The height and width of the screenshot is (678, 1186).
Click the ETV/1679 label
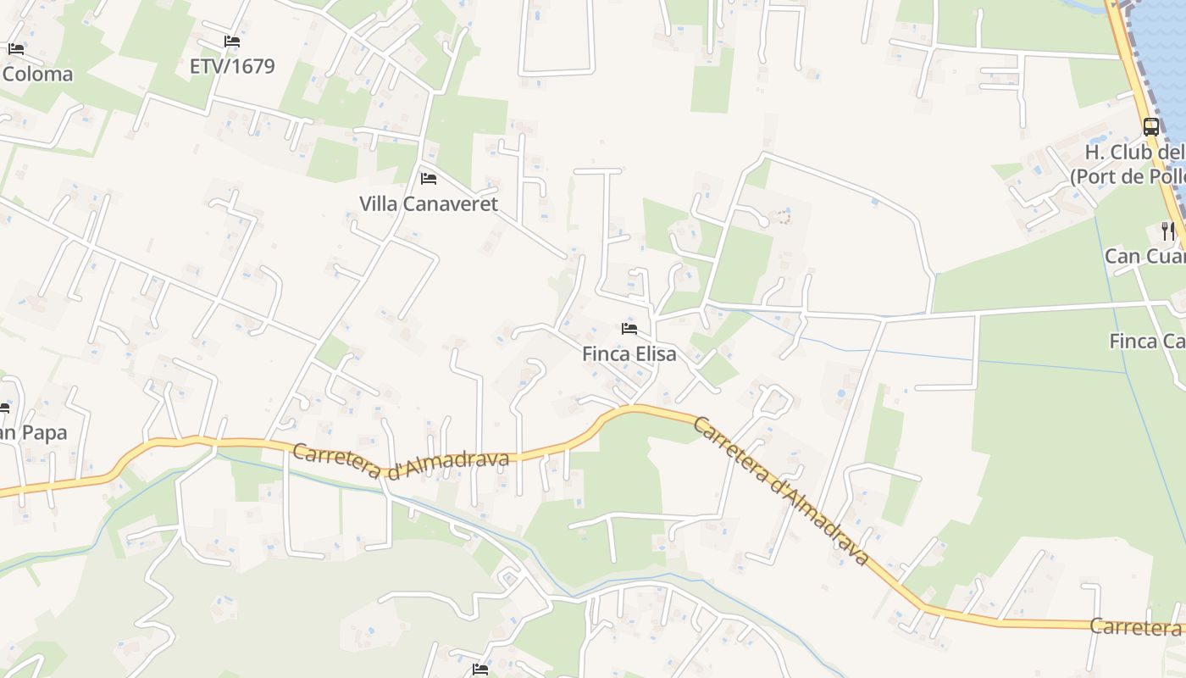pyautogui.click(x=232, y=66)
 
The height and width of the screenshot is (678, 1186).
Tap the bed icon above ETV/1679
pyautogui.click(x=232, y=42)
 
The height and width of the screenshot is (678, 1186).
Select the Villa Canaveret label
pyautogui.click(x=429, y=204)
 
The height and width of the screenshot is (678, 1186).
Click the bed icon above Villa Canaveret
pyautogui.click(x=429, y=179)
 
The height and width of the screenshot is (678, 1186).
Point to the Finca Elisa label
pyautogui.click(x=629, y=354)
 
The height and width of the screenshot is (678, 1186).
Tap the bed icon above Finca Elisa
pyautogui.click(x=629, y=329)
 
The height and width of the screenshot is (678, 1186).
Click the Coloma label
pyautogui.click(x=37, y=74)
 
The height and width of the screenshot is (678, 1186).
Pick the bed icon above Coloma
pyautogui.click(x=16, y=49)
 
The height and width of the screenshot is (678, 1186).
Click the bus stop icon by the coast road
pyautogui.click(x=1151, y=127)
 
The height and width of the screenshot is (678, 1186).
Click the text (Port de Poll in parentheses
pyautogui.click(x=1128, y=177)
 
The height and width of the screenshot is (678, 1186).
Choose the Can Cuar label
pyautogui.click(x=1144, y=256)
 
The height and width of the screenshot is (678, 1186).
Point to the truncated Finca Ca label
pyautogui.click(x=1147, y=341)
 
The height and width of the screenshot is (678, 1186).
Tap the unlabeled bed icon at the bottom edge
pyautogui.click(x=480, y=670)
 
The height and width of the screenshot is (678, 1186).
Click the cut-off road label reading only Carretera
pyautogui.click(x=1136, y=627)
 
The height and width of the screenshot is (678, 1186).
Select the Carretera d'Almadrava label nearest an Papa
pyautogui.click(x=401, y=463)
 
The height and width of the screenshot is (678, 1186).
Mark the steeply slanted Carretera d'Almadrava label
pyautogui.click(x=780, y=491)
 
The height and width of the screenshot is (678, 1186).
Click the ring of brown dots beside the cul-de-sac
pyautogui.click(x=784, y=218)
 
